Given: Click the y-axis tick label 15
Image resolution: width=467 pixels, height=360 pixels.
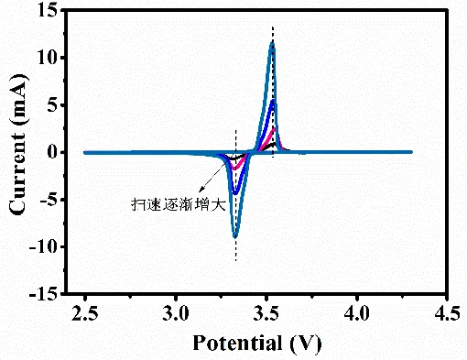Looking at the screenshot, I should click(47, 11).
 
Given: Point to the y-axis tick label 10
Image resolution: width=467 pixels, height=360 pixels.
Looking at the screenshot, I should click(47, 59).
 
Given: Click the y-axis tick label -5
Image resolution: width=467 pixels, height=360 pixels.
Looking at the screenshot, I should click(48, 200).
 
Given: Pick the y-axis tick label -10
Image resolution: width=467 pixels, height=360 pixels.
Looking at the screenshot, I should click(43, 247).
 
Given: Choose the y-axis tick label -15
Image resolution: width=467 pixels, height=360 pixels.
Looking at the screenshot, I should click(43, 295).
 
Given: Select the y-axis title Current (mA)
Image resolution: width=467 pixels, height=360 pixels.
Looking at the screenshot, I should click(18, 151).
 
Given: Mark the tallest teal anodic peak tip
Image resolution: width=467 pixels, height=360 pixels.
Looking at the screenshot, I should click(272, 42).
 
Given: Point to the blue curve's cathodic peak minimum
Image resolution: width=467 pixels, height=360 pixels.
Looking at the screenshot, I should click(236, 193).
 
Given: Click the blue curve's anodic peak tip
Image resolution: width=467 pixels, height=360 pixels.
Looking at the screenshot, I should click(273, 101).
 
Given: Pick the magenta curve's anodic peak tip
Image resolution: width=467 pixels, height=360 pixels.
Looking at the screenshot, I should click(273, 128).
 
